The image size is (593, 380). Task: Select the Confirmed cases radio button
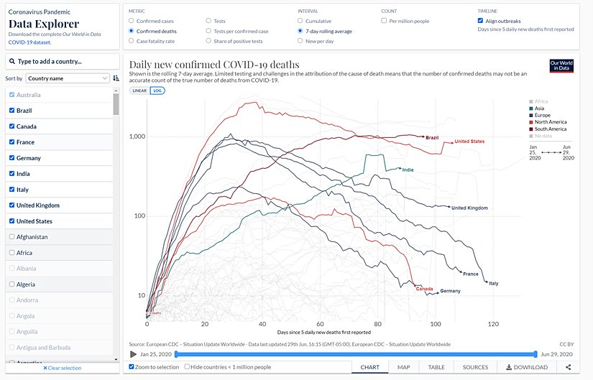click(x=131, y=22)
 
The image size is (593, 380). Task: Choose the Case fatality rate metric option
click(x=131, y=41)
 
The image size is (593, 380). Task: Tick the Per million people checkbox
click(x=385, y=22)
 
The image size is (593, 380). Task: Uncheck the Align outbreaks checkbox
click(x=481, y=21)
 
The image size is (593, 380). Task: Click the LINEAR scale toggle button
click(x=139, y=91)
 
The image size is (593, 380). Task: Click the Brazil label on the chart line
click(x=432, y=138)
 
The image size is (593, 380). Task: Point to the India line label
click(x=408, y=170)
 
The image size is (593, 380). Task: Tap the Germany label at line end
click(x=450, y=291)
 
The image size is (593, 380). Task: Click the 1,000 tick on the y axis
click(x=137, y=136)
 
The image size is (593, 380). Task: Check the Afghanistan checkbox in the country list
click(x=12, y=237)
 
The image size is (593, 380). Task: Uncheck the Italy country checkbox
click(x=12, y=190)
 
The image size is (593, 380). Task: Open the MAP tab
click(x=403, y=367)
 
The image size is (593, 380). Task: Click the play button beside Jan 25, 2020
click(x=134, y=354)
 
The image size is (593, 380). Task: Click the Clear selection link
click(x=62, y=368)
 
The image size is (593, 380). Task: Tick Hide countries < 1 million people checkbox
click(x=188, y=367)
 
